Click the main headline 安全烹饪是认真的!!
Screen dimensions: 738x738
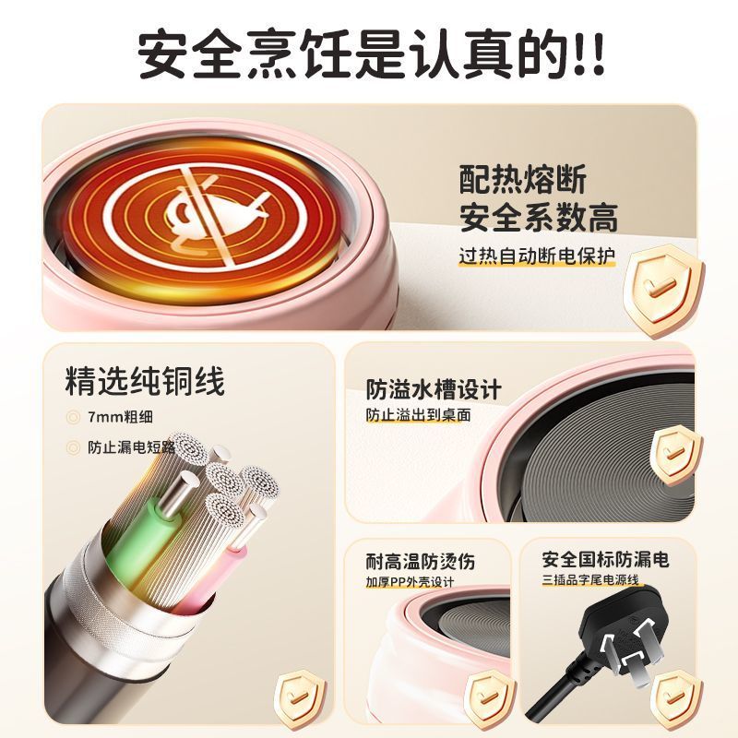pos(372,54)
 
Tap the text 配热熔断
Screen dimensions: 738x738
pos(523,179)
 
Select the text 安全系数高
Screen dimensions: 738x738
pos(539,218)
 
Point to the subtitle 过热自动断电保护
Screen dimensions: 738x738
pos(537,256)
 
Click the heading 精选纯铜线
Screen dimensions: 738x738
pos(145,380)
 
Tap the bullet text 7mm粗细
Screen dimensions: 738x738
pos(120,417)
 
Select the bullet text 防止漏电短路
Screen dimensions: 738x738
pos(131,447)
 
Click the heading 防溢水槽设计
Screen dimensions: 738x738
pos(434,389)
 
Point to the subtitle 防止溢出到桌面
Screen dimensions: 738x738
pos(419,414)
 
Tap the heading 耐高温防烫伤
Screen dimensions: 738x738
pos(421,562)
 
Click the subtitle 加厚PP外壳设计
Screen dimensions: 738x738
pos(410,582)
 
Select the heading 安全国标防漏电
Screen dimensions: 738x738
pos(605,560)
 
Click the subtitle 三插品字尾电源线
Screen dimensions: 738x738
pos(590,579)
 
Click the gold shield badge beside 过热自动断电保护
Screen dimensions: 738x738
pos(664,290)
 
